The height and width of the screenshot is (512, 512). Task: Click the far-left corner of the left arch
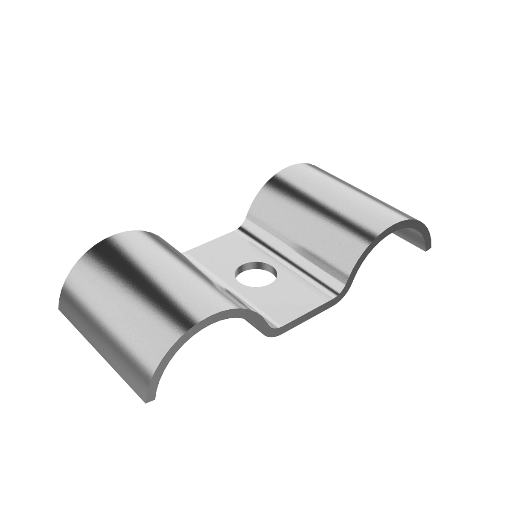[x=58, y=304]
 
